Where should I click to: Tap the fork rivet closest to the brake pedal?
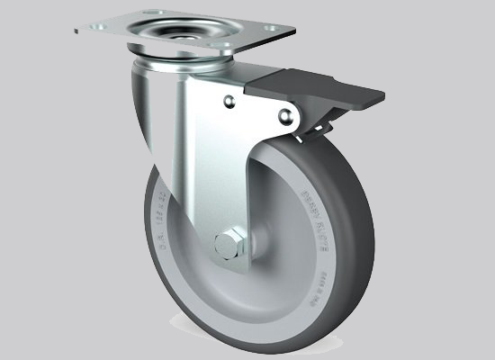pyautogui.click(x=286, y=114)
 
